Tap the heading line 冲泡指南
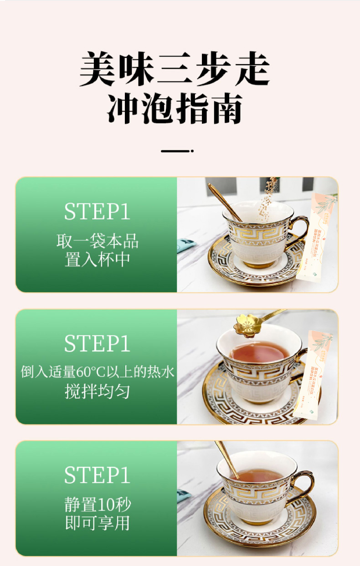[x=175, y=109]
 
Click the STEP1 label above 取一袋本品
[x=97, y=212]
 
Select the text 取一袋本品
[x=97, y=241]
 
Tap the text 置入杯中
[x=97, y=260]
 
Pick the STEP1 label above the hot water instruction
[x=97, y=344]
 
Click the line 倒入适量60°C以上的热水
[x=97, y=372]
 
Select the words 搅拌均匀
[x=97, y=391]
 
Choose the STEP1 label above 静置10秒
[x=97, y=475]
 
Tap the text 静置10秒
[x=97, y=505]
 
